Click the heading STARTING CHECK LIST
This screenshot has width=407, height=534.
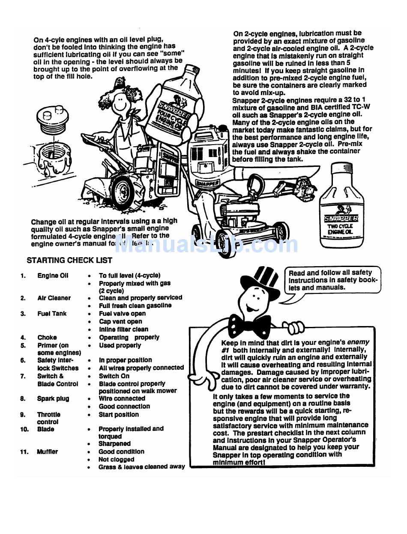69,260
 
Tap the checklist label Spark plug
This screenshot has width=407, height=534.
53,399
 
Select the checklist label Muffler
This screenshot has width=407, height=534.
48,452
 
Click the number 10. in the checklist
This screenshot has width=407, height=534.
24,429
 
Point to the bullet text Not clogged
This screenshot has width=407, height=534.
116,460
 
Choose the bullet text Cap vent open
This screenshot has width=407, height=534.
120,321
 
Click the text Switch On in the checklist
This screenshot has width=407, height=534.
114,376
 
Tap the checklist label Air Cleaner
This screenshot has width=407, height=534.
54,298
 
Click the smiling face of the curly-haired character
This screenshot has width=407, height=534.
123,102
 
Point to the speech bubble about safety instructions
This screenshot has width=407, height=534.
332,280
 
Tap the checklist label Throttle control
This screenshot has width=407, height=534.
48,418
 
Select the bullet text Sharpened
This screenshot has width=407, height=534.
114,444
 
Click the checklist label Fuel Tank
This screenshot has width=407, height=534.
52,314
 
